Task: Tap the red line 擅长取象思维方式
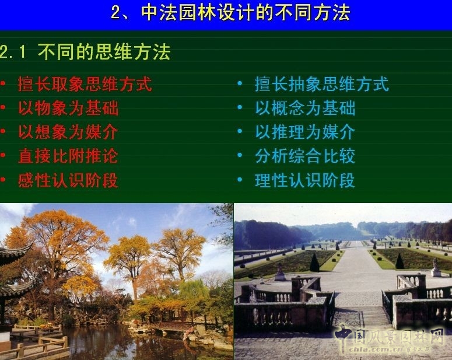(85, 85)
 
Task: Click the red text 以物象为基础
(68, 109)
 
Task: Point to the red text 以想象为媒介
(68, 132)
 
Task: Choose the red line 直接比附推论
(68, 156)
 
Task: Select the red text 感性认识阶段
(68, 180)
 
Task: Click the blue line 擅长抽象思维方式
(321, 85)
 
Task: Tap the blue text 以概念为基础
(304, 109)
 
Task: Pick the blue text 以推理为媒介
(304, 132)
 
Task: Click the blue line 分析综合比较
(304, 156)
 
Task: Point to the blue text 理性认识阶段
(304, 180)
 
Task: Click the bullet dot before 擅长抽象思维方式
(240, 84)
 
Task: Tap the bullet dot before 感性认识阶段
(3, 180)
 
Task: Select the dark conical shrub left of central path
(315, 263)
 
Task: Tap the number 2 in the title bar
(115, 13)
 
